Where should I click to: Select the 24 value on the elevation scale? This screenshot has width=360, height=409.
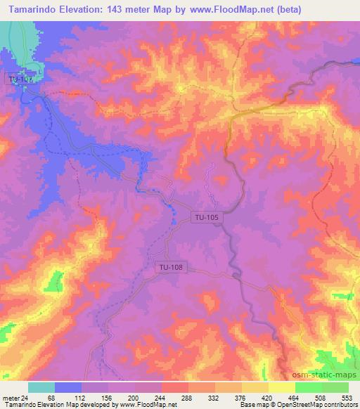click(x=25, y=397)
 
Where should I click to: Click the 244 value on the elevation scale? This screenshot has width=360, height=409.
click(x=160, y=397)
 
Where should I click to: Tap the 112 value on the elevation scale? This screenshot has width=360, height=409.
click(x=80, y=397)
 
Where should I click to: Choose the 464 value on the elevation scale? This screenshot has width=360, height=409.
click(x=295, y=397)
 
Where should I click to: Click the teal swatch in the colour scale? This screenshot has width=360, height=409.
click(x=41, y=387)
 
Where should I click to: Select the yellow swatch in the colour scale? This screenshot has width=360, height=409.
click(x=281, y=387)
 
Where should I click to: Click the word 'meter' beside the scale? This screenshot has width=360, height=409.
click(x=11, y=397)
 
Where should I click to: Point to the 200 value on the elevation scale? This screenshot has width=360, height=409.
click(x=134, y=397)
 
